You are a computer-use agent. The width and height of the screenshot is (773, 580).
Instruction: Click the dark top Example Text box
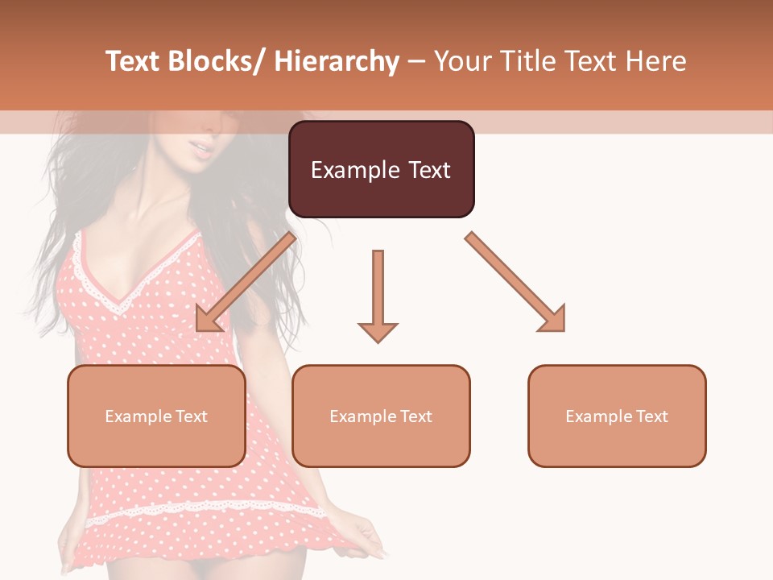click(381, 169)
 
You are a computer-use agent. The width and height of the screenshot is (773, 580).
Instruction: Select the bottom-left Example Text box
click(156, 416)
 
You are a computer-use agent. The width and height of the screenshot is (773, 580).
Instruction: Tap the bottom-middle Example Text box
click(381, 416)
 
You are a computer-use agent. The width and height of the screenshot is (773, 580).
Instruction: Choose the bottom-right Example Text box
click(617, 416)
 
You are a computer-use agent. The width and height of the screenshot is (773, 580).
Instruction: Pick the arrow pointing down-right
click(515, 282)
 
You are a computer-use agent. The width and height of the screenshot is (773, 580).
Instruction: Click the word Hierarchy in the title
click(337, 62)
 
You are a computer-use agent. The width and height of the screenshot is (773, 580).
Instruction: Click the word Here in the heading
click(658, 62)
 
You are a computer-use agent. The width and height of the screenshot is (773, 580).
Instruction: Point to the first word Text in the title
click(134, 62)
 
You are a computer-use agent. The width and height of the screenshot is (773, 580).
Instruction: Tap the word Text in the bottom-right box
click(651, 416)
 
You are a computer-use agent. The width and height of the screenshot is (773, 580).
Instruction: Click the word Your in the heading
click(460, 62)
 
